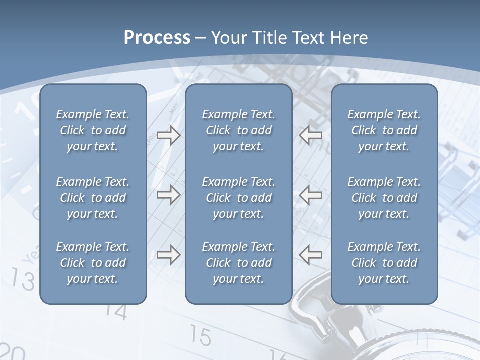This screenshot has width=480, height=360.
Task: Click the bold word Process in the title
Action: click(157, 38)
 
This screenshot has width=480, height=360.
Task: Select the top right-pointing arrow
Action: click(168, 135)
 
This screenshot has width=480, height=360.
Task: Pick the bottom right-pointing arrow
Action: click(168, 255)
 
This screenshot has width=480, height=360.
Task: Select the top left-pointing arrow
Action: click(310, 135)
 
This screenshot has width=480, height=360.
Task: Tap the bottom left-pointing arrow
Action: click(310, 255)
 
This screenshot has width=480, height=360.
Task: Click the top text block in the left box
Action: click(93, 130)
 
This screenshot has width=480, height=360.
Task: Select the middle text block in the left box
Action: click(93, 198)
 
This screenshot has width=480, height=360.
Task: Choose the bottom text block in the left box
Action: click(93, 263)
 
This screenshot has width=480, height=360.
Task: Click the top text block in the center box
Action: click(238, 130)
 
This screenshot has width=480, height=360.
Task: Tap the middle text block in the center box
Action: click(238, 198)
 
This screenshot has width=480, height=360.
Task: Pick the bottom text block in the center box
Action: click(238, 263)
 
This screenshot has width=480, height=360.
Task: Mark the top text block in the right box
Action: click(384, 130)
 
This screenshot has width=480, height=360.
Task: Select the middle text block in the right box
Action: click(384, 198)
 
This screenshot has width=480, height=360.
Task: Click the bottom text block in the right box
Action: click(384, 263)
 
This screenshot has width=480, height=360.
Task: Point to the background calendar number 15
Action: click(201, 336)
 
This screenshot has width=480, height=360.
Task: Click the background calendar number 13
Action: click(23, 279)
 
